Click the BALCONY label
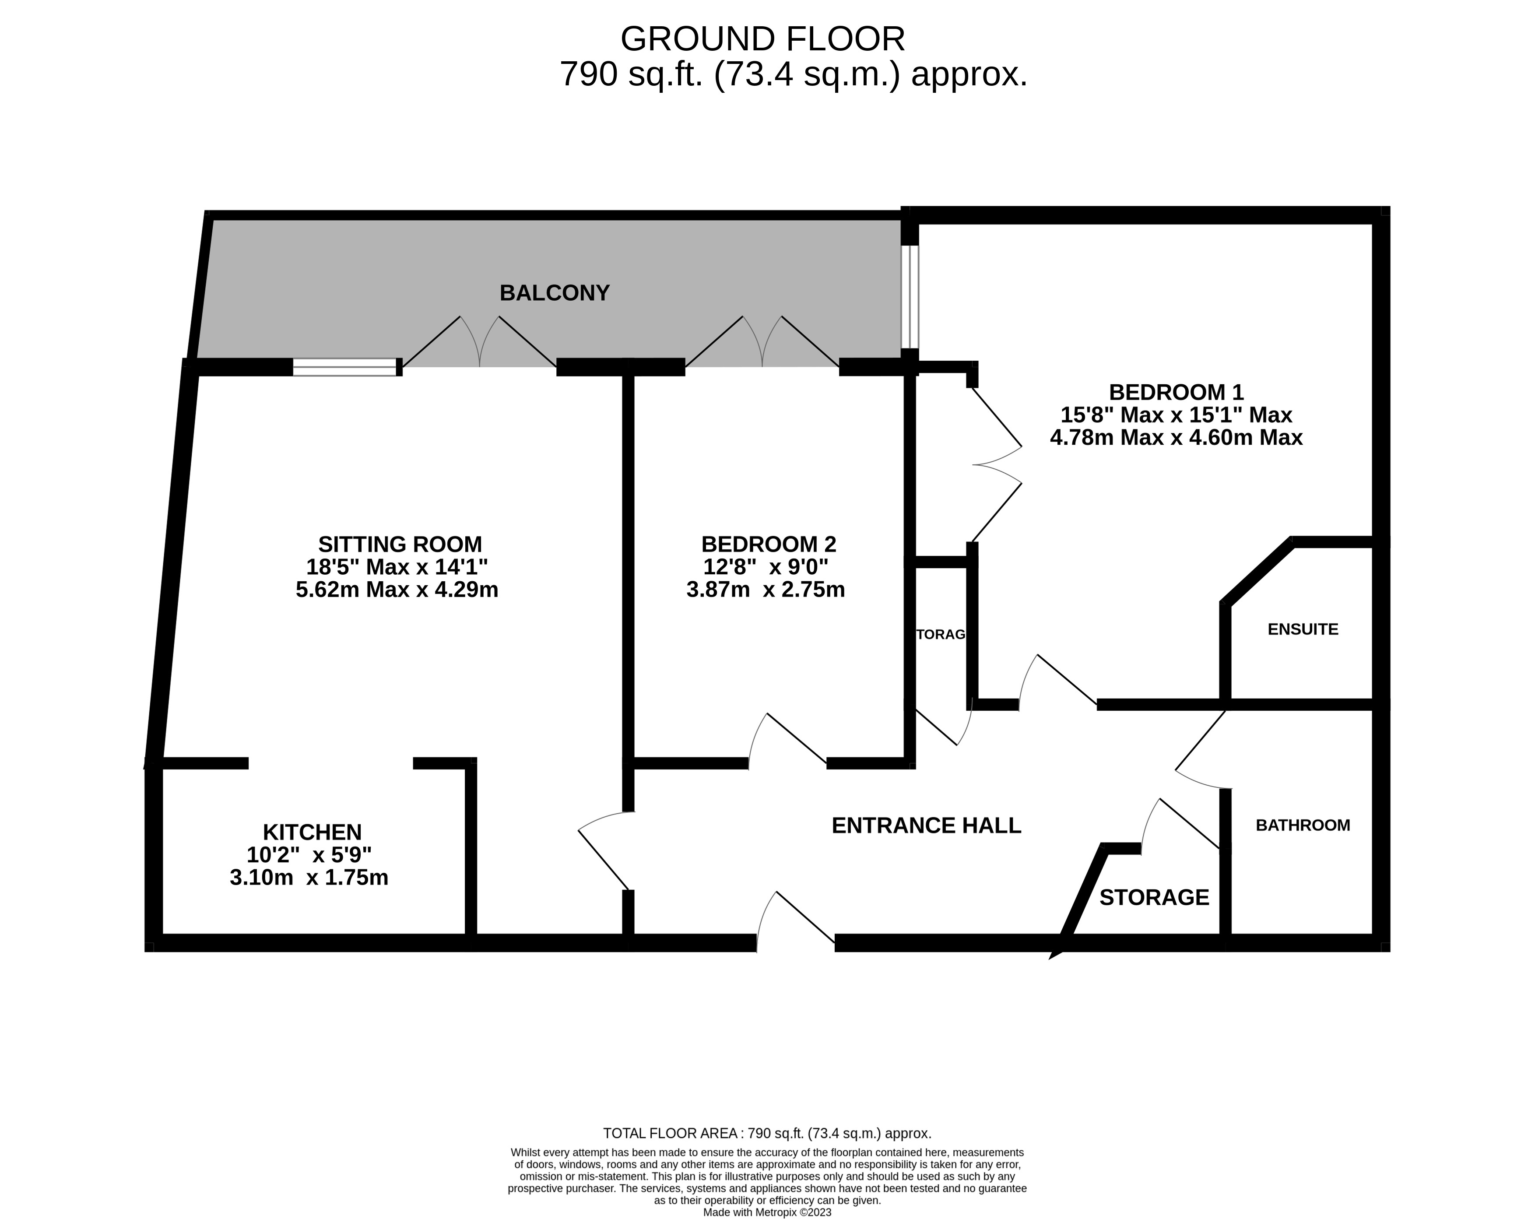554,293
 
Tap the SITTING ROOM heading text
400,544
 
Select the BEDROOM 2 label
768,544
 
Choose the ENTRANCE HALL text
926,825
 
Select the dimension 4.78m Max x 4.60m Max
1176,437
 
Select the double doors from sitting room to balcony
479,343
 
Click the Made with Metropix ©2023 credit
767,1212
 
